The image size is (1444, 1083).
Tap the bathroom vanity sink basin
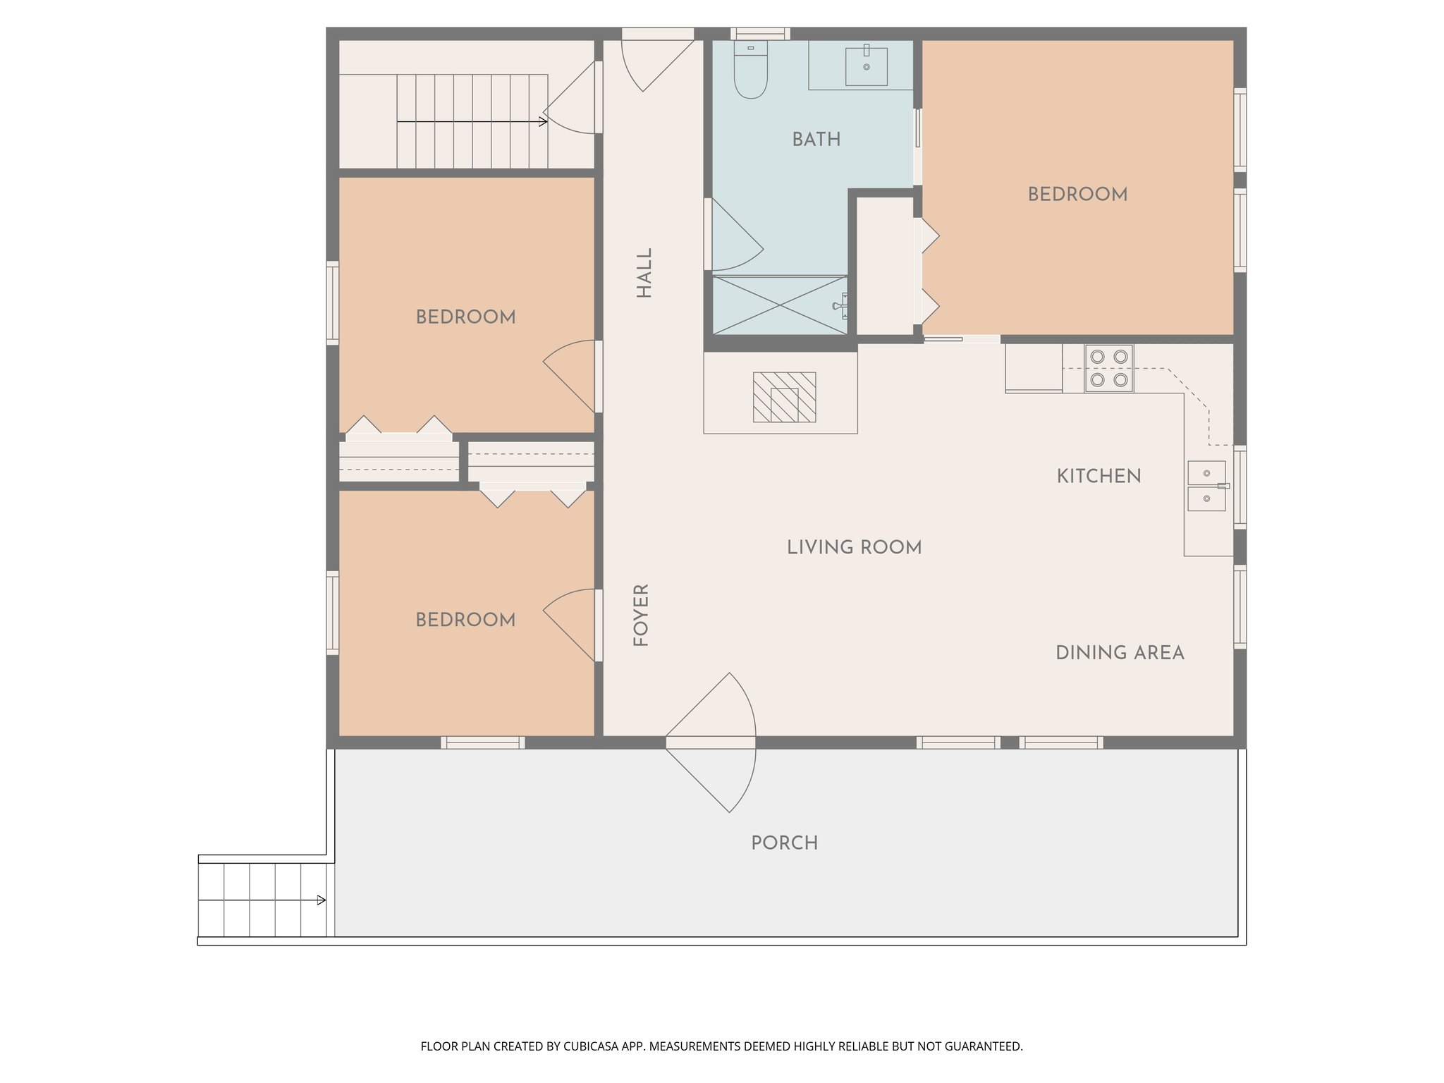click(866, 66)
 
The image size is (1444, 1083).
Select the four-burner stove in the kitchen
click(1108, 368)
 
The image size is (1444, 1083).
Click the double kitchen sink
click(1206, 486)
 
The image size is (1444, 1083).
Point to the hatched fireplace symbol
click(784, 397)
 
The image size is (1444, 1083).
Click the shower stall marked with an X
click(779, 305)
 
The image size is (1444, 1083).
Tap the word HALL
click(644, 273)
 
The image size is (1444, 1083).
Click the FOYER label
click(640, 616)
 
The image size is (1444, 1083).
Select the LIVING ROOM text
click(854, 547)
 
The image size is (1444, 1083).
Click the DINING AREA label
click(1119, 653)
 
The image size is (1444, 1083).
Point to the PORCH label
click(784, 843)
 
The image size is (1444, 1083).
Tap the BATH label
click(816, 140)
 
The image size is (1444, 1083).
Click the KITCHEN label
click(1098, 477)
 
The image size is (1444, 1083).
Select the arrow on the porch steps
click(322, 900)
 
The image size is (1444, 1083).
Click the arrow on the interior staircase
click(542, 122)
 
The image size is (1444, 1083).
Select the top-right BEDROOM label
click(1077, 195)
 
